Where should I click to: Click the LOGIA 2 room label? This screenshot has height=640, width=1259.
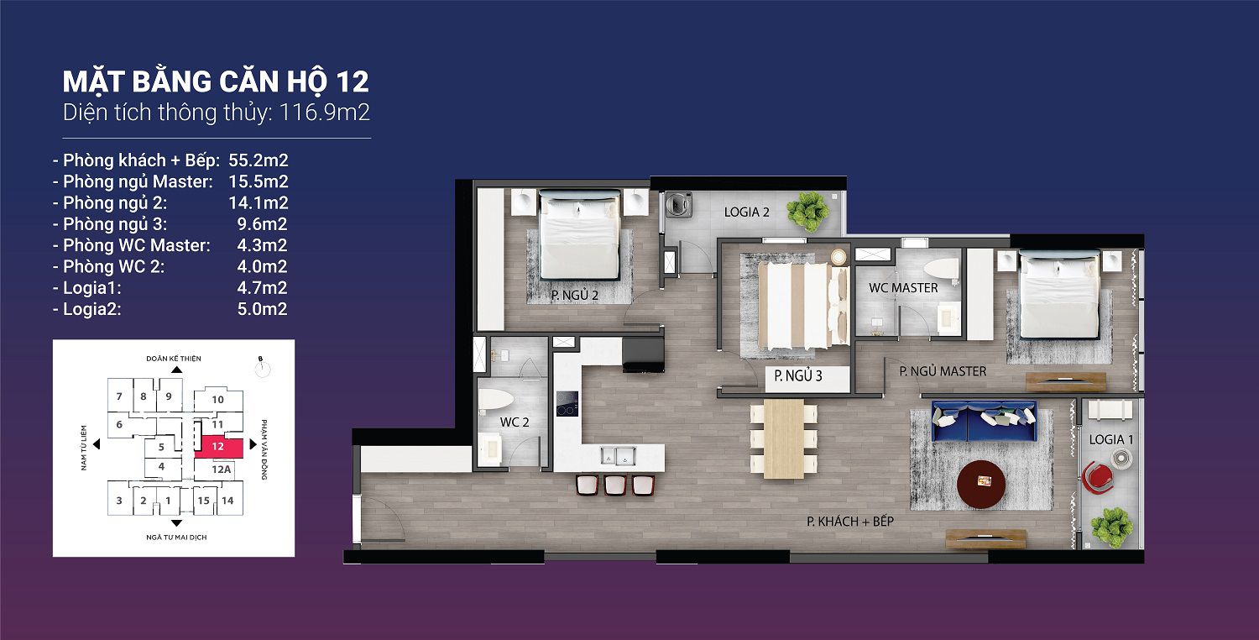click(746, 212)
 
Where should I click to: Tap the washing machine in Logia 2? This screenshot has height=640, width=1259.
click(679, 205)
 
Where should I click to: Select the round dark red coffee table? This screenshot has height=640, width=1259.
click(981, 485)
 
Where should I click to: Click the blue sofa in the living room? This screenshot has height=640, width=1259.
click(984, 422)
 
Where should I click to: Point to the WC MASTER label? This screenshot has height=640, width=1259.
click(903, 288)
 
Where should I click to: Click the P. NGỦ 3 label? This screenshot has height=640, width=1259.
click(798, 375)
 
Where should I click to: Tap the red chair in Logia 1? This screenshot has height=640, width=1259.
click(1098, 478)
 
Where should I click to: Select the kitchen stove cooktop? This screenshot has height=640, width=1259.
click(567, 403)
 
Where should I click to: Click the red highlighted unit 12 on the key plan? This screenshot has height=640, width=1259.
click(219, 446)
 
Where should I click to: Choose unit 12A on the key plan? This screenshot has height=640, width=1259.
click(222, 469)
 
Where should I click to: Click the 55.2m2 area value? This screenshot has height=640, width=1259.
click(258, 160)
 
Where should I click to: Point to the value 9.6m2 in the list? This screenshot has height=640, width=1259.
click(262, 223)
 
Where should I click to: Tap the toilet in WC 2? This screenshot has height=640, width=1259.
click(496, 400)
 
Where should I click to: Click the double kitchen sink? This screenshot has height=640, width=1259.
click(617, 455)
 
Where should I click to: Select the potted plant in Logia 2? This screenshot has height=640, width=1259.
click(808, 212)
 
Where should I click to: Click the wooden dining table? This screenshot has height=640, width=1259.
click(783, 438)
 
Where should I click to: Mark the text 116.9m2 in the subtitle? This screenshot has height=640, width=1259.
click(324, 113)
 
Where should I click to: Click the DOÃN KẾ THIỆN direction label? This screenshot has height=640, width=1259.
click(174, 359)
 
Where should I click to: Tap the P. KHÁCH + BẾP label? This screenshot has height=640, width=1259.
click(849, 522)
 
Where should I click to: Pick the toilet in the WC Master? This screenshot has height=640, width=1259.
click(942, 270)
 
